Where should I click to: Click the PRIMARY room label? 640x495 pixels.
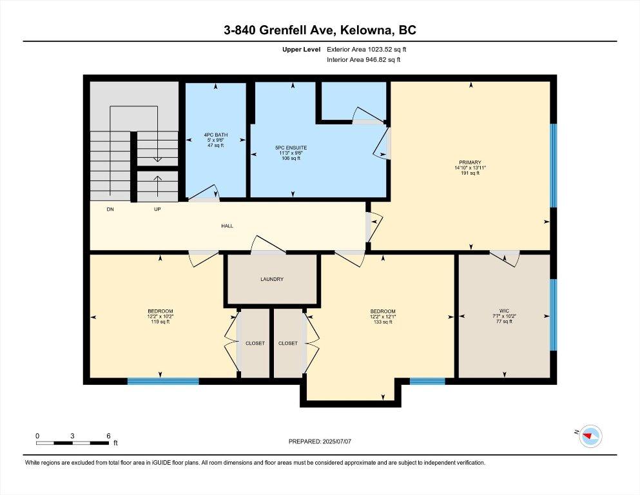point(470,162)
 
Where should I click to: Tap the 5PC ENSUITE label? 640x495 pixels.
point(291,148)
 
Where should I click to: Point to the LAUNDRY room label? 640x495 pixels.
point(272,279)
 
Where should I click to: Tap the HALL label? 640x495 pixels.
point(227,226)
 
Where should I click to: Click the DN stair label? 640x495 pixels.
point(111,209)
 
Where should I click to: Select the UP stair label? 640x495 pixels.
point(157,209)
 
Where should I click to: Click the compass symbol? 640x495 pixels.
point(590,436)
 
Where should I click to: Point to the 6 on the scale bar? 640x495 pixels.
point(108,436)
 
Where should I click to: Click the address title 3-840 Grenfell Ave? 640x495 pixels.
point(320,30)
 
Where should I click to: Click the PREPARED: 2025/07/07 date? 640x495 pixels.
point(320,442)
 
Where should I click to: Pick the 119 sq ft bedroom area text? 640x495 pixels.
point(160,322)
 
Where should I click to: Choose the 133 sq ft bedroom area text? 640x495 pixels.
point(383,322)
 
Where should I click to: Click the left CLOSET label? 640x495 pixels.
point(255,343)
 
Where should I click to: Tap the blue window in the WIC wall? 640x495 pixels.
point(553,315)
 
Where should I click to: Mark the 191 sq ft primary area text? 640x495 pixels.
point(470,173)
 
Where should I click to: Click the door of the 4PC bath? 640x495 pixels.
point(205,194)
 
